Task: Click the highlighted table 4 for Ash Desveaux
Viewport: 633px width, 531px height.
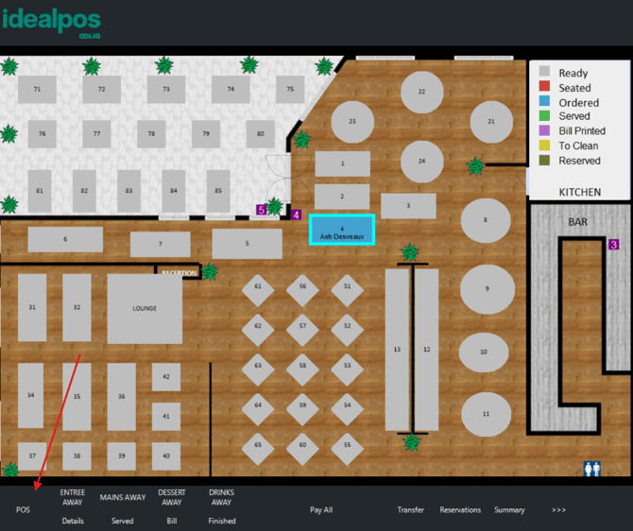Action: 342,230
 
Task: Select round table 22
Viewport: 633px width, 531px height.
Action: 422,92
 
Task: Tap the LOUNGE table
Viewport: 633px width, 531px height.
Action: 145,308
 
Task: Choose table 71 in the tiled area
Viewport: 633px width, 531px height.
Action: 37,89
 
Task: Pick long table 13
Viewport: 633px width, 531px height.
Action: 397,349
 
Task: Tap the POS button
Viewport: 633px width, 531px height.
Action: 24,510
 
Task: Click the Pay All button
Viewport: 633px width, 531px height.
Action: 321,510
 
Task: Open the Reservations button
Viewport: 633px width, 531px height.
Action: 460,510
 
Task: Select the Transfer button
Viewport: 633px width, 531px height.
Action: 410,510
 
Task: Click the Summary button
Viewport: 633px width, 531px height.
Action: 509,510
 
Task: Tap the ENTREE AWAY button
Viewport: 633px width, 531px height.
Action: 73,497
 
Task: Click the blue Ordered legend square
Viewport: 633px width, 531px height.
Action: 544,102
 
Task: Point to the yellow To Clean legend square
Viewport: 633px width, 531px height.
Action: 544,146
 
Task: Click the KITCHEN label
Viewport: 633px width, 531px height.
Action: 579,192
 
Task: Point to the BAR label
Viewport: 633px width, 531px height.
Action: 577,222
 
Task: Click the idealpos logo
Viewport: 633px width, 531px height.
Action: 53,22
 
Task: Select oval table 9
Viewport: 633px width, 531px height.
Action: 487,288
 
